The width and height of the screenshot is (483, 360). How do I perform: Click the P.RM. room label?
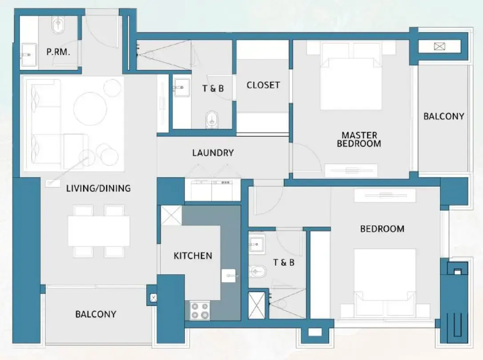pyautogui.click(x=58, y=52)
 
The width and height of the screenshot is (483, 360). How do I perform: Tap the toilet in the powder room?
pyautogui.click(x=58, y=26)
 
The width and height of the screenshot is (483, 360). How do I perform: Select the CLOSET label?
pyautogui.click(x=263, y=85)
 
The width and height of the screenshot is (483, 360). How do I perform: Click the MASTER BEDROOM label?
pyautogui.click(x=359, y=139)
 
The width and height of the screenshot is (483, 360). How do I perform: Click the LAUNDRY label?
pyautogui.click(x=213, y=153)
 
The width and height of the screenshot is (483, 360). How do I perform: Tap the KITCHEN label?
pyautogui.click(x=193, y=256)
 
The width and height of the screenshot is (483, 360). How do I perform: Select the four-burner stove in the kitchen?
pyautogui.click(x=200, y=310)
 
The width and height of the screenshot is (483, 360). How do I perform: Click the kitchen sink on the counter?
pyautogui.click(x=230, y=276)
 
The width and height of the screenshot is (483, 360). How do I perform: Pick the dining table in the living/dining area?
pyautogui.click(x=99, y=231)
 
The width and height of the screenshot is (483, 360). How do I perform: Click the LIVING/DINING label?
pyautogui.click(x=98, y=188)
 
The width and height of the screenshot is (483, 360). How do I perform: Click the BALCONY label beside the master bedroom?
pyautogui.click(x=443, y=116)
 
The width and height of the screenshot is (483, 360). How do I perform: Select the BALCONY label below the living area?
pyautogui.click(x=96, y=314)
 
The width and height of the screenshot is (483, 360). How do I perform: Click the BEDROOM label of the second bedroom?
pyautogui.click(x=382, y=229)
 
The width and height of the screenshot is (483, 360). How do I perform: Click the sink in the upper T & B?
pyautogui.click(x=181, y=87)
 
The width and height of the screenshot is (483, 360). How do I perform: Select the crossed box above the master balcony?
pyautogui.click(x=439, y=46)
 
